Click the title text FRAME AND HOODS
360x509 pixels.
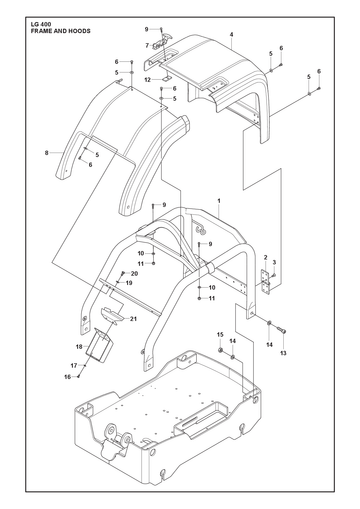60,31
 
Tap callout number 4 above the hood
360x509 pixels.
231,34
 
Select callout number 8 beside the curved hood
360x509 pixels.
47,153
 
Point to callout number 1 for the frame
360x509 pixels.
219,201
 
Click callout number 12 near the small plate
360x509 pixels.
148,80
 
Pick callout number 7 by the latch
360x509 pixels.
147,45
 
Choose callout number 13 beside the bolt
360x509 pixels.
283,353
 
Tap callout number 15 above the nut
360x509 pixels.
220,334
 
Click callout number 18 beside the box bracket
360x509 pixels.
79,347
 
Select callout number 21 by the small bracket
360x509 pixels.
133,319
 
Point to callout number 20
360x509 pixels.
134,274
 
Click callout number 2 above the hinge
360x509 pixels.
266,257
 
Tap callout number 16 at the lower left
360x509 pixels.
68,377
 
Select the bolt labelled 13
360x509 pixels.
282,330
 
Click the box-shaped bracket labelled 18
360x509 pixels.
98,344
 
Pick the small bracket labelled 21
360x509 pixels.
112,315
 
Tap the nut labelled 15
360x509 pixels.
220,350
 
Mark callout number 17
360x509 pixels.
74,366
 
